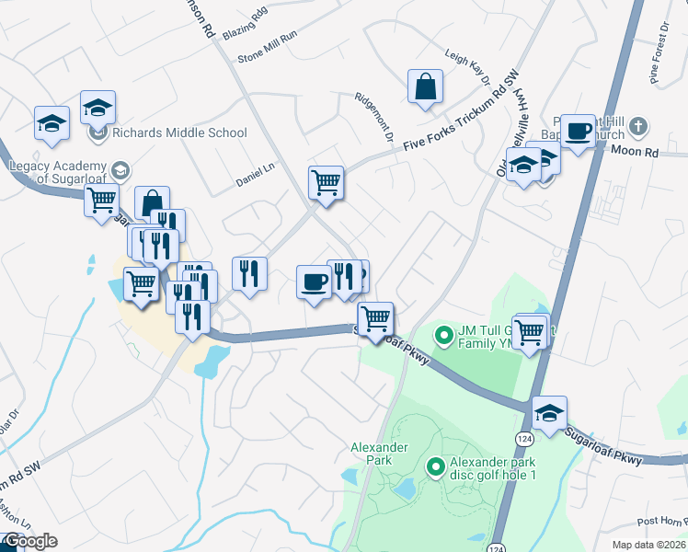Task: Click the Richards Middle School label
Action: pyautogui.click(x=179, y=132)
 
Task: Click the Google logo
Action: pyautogui.click(x=29, y=541)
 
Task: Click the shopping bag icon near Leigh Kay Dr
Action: pyautogui.click(x=426, y=87)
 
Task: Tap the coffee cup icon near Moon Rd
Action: pyautogui.click(x=578, y=131)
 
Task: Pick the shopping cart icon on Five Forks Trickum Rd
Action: pyautogui.click(x=327, y=182)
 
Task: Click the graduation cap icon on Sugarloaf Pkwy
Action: pyautogui.click(x=549, y=413)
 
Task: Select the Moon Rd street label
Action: pyautogui.click(x=636, y=151)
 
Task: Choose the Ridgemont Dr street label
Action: pyautogui.click(x=375, y=116)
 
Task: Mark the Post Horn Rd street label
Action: pyautogui.click(x=659, y=521)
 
